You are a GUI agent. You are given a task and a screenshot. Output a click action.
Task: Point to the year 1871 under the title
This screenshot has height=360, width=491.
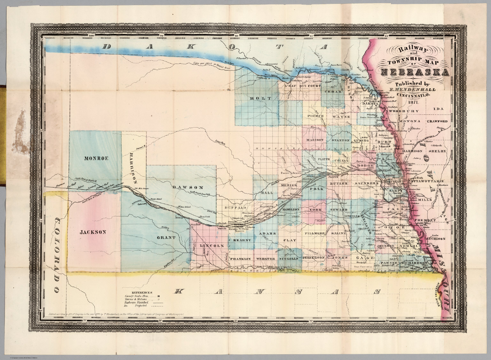click(414, 102)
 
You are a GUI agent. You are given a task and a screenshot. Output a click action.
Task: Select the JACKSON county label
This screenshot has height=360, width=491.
click(93, 232)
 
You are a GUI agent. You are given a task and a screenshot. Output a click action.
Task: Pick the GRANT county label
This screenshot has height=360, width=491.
click(166, 238)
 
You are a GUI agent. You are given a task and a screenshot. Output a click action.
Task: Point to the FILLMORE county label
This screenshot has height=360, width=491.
click(315, 234)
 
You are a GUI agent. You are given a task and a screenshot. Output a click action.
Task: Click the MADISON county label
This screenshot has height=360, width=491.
click(315, 140)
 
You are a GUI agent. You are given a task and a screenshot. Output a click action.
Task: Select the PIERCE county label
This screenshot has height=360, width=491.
click(316, 116)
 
